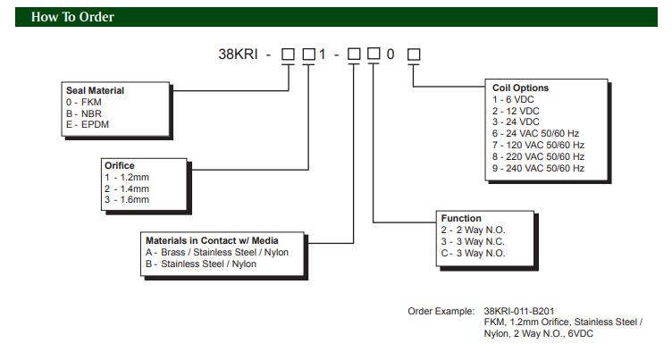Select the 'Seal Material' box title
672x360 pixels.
coord(95,90)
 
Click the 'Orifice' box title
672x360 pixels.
coord(120,165)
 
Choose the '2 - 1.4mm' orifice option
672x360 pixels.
coord(128,188)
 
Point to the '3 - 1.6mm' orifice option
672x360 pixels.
coord(128,199)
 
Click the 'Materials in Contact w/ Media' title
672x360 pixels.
coord(212,241)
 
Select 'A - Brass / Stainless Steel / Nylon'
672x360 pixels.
coord(217,253)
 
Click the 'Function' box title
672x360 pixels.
coord(461,219)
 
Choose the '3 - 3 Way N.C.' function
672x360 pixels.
coord(475,241)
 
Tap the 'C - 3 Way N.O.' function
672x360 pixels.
coord(475,253)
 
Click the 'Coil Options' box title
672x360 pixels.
coord(521,88)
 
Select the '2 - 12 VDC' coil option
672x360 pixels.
coord(517,111)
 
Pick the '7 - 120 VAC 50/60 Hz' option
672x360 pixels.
coord(539,145)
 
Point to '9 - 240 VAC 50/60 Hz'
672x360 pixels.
coord(539,168)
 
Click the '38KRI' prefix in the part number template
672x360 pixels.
coord(239,54)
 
